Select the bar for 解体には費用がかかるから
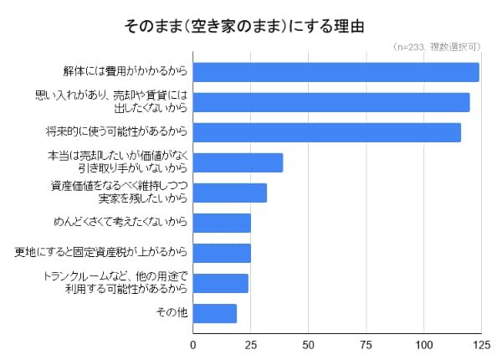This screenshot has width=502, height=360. pyautogui.click(x=336, y=72)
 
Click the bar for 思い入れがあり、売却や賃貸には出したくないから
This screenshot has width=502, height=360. pyautogui.click(x=331, y=102)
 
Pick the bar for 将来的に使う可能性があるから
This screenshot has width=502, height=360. pyautogui.click(x=327, y=132)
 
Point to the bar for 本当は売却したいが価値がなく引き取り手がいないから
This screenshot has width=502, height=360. pyautogui.click(x=238, y=162)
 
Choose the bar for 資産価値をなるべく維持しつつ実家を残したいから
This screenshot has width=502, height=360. pyautogui.click(x=230, y=193)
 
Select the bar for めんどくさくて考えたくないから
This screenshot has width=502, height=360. pyautogui.click(x=223, y=223)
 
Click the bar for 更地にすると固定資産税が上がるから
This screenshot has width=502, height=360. pyautogui.click(x=223, y=253)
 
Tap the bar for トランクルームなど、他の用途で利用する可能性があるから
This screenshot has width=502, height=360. pyautogui.click(x=221, y=283)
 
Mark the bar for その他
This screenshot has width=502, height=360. pyautogui.click(x=215, y=313)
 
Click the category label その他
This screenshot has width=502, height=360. pyautogui.click(x=171, y=313)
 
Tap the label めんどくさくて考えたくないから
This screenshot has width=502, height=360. pyautogui.click(x=119, y=223)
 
